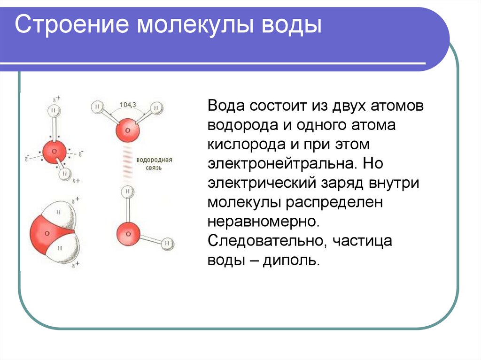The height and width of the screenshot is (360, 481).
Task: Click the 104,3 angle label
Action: click(x=127, y=105)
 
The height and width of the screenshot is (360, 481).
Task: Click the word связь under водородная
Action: click(x=155, y=168)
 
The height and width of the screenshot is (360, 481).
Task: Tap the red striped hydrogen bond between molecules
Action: click(x=127, y=162)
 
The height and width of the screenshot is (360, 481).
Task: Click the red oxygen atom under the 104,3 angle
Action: click(x=127, y=130)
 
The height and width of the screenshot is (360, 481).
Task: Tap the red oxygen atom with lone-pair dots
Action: click(x=55, y=152)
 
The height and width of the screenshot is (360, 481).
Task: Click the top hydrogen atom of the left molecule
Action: click(x=54, y=111)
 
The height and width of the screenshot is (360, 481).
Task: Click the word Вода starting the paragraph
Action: click(x=225, y=106)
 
